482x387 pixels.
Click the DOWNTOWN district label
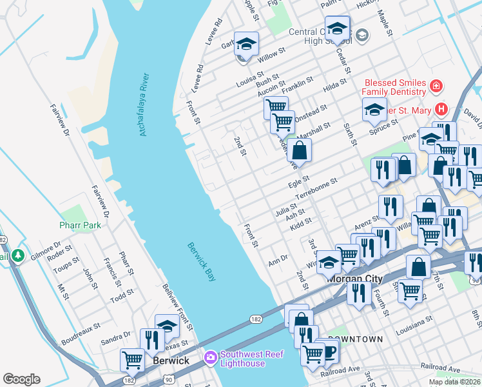355,339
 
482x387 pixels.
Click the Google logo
21,379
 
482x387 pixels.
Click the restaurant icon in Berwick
152,340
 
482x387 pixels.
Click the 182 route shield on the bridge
255,320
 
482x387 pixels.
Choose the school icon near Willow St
246,45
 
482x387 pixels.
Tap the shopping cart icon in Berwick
133,361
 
